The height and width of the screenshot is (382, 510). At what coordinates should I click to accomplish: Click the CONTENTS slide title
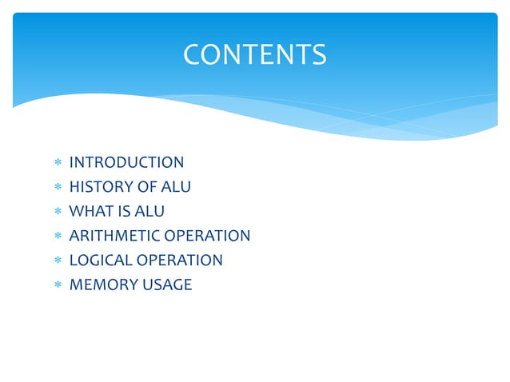point(254,54)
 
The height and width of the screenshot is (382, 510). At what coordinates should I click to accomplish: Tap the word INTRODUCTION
point(126,163)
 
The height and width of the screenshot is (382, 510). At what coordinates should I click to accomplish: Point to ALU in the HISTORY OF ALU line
point(176,187)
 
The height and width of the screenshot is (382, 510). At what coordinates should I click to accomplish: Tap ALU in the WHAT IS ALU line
point(149,212)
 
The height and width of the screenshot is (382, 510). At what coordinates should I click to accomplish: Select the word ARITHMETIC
point(114,236)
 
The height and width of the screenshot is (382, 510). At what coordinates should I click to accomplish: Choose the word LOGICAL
point(101,261)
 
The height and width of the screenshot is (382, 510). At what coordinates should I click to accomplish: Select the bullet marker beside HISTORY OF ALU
point(58,188)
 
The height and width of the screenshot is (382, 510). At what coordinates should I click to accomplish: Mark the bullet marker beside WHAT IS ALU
point(58,213)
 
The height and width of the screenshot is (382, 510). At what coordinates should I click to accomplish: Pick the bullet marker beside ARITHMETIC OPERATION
point(58,237)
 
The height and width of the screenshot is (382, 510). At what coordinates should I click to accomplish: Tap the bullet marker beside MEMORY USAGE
point(58,285)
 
